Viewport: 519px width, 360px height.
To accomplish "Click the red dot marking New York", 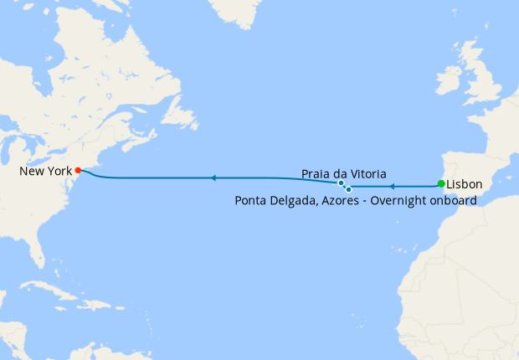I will coord(78,170).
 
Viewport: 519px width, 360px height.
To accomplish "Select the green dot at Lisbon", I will coord(441,183).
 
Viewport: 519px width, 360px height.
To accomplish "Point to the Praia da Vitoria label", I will coord(343,174).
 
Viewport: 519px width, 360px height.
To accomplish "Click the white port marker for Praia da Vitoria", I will coord(341,183).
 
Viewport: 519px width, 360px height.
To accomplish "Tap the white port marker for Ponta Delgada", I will coord(348,189).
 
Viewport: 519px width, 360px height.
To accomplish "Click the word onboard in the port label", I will coord(452,201).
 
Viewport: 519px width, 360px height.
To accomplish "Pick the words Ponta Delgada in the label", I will coord(275,201).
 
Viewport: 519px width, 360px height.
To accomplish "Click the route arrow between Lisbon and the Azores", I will coord(391,184).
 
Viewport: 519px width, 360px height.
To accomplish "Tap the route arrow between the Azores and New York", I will coord(213,177).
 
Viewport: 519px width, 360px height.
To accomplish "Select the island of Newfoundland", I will coord(181,112).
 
